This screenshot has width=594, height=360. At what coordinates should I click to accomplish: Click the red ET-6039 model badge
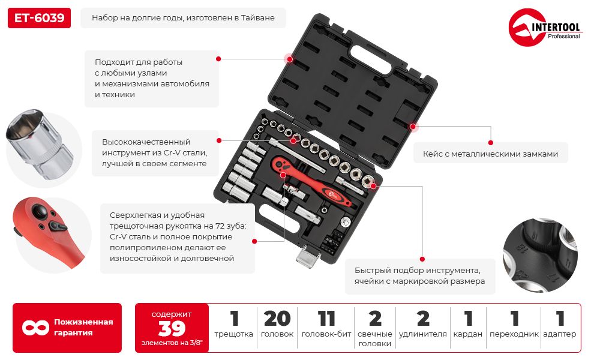coord(39,18)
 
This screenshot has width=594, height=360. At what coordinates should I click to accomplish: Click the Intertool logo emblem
coord(527,27)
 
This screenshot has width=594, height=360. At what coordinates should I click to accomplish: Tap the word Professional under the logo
coord(563,37)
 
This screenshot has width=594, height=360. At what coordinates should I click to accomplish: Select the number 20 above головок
coord(277,319)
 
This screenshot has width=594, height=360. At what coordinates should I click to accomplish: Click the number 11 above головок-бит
coord(326,319)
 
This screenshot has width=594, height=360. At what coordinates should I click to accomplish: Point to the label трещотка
coord(233,334)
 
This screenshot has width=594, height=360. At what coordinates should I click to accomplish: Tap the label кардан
coord(468,334)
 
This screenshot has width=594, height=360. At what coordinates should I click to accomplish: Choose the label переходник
coord(514,334)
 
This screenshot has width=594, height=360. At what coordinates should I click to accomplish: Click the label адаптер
coord(560,334)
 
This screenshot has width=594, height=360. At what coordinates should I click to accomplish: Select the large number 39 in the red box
coord(172,329)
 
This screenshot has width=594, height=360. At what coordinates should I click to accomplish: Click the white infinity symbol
coord(35,328)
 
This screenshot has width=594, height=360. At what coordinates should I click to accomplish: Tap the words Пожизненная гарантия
coord(83,328)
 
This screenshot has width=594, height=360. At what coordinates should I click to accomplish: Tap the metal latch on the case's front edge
coord(308,256)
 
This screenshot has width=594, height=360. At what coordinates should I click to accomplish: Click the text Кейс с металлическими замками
coord(490,154)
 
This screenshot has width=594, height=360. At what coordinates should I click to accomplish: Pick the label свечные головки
coord(374,339)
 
